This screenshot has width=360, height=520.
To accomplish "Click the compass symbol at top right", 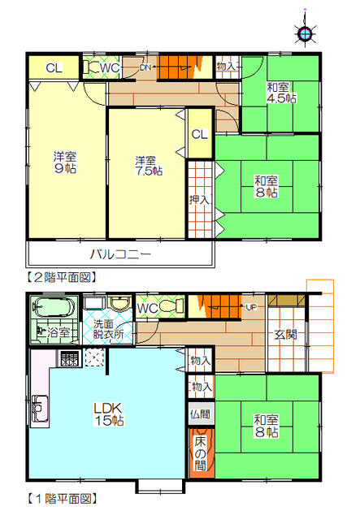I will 305,33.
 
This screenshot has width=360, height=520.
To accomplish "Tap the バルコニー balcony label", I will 120,254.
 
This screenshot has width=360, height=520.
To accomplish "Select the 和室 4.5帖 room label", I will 281,93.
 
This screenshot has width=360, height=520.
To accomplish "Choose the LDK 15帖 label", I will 106,415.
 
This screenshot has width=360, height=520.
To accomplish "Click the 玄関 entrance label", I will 285,334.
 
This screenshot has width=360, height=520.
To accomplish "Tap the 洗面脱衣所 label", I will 107,328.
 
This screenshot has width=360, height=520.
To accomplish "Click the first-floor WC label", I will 147,308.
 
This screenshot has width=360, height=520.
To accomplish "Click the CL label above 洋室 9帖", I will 54,67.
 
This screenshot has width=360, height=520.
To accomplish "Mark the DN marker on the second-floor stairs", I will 145,67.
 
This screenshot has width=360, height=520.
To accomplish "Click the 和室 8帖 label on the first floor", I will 266,427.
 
